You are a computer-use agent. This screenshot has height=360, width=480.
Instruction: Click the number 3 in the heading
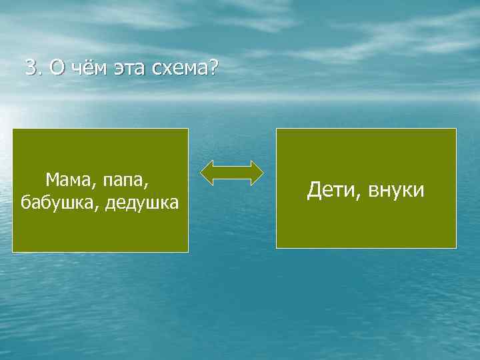(x=30, y=67)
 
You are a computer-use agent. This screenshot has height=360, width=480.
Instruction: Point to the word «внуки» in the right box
(x=397, y=191)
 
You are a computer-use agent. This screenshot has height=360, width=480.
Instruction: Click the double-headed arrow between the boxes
(x=232, y=172)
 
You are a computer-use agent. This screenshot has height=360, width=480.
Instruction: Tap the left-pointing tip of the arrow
(x=204, y=172)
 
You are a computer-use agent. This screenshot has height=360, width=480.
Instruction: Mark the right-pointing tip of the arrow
(x=261, y=172)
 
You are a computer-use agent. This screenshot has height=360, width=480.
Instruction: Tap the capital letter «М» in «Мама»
(x=52, y=179)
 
